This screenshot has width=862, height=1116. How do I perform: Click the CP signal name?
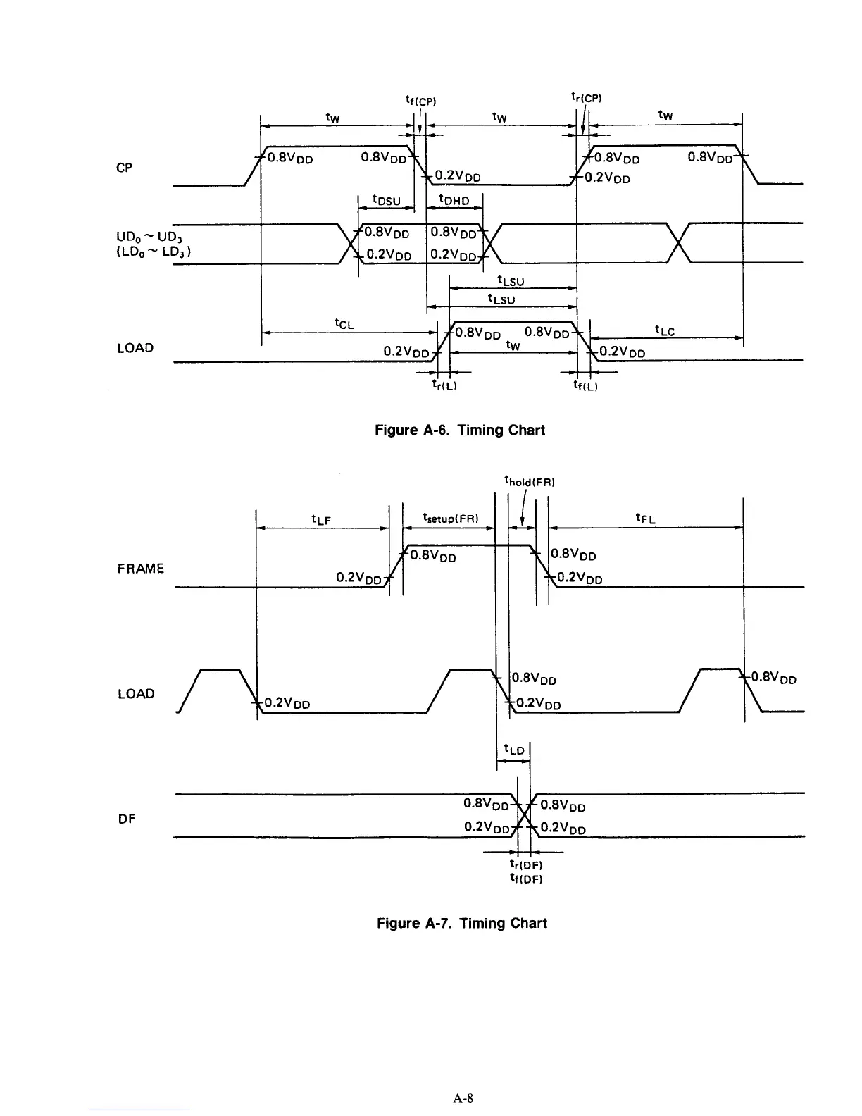pyautogui.click(x=124, y=168)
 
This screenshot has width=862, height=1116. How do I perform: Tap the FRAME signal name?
pyautogui.click(x=141, y=569)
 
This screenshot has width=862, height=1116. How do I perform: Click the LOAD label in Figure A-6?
pyautogui.click(x=135, y=348)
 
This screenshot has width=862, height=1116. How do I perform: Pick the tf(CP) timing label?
pyautogui.click(x=422, y=101)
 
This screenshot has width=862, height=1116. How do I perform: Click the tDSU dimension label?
pyautogui.click(x=386, y=201)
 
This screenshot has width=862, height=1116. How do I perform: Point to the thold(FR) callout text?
pyautogui.click(x=530, y=483)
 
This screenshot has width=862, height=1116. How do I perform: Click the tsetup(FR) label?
pyautogui.click(x=450, y=519)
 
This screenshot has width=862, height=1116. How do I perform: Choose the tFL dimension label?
pyautogui.click(x=645, y=519)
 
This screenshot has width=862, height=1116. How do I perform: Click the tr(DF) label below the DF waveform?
pyautogui.click(x=525, y=864)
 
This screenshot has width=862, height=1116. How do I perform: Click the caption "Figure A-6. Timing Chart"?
pyautogui.click(x=461, y=430)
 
